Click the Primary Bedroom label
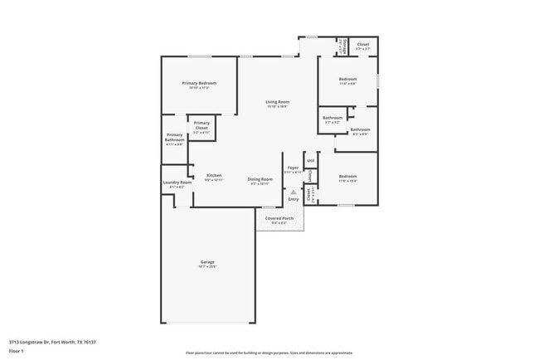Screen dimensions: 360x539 click(200, 83)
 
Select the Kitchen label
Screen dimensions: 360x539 click(214, 175)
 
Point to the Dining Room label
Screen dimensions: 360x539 click(260, 178)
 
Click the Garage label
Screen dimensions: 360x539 click(206, 261)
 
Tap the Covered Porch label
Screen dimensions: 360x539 click(279, 218)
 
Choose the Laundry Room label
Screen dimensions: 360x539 click(177, 182)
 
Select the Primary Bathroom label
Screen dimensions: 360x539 click(174, 137)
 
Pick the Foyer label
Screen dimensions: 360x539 click(293, 168)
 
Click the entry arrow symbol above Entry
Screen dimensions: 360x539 click(293, 192)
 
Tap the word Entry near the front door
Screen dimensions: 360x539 click(293, 199)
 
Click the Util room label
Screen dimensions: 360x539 click(310, 160)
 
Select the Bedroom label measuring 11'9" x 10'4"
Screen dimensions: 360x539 click(347, 176)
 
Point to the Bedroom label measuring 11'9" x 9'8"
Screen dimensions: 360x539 click(347, 79)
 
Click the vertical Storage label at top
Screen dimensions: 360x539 click(340, 45)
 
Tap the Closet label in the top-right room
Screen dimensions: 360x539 click(363, 44)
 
